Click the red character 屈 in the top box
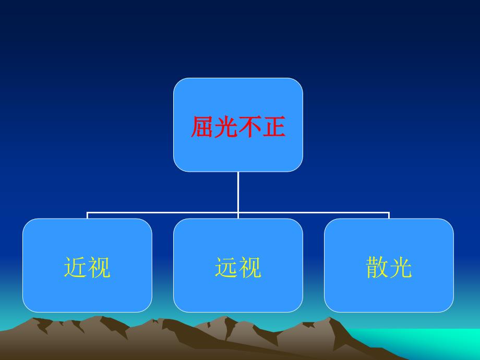(202, 126)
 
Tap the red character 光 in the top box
(226, 126)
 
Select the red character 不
(250, 126)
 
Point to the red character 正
(274, 126)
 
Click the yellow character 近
(75, 267)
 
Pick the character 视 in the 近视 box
(99, 267)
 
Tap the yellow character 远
(226, 267)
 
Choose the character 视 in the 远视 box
(250, 267)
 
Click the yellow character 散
(377, 267)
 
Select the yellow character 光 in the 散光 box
(401, 267)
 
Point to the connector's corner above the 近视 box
(87, 212)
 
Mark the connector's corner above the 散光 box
(389, 212)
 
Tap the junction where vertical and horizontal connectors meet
(238, 212)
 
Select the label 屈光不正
(238, 126)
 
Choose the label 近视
(87, 267)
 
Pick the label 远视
(238, 267)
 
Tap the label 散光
(389, 267)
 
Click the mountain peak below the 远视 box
(226, 317)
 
